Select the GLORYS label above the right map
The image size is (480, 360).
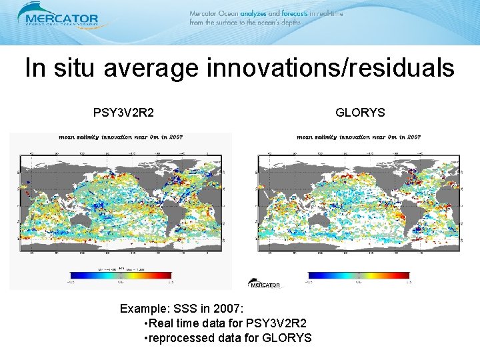coord(360,113)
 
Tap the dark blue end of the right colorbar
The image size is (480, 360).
coord(312,275)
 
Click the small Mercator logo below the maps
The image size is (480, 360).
coord(264,284)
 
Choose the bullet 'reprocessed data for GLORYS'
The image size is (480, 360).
coord(227,338)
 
